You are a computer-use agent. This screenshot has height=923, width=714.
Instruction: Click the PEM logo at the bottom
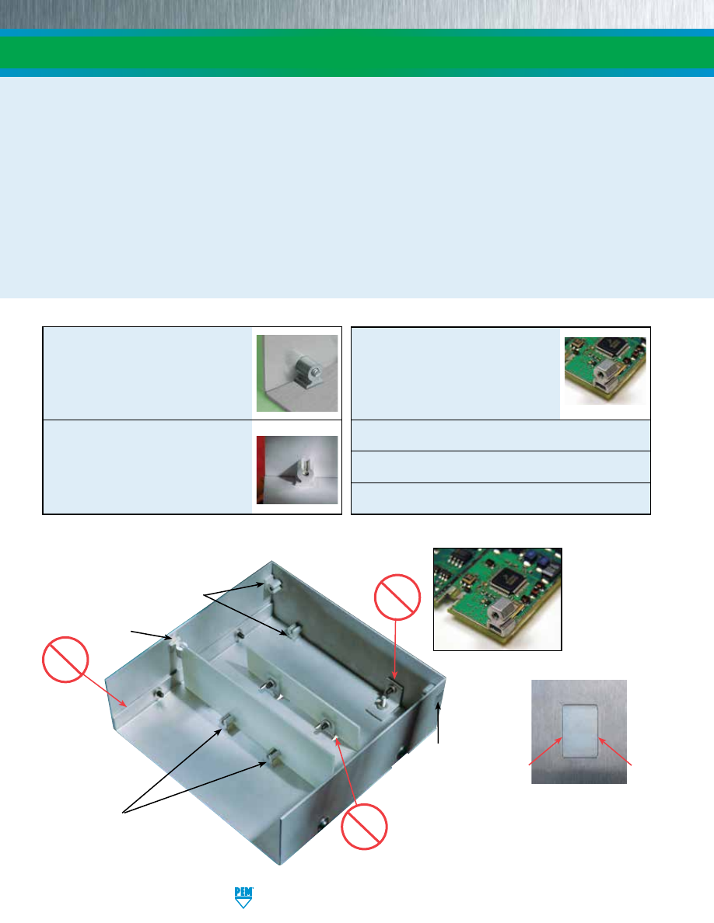click(243, 897)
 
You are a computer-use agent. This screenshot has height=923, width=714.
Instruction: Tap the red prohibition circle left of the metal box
click(65, 660)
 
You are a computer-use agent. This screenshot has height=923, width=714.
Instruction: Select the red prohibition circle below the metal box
click(364, 826)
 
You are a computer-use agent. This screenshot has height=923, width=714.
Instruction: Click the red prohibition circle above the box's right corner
click(397, 597)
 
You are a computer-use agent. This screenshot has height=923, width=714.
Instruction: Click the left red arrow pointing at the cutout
click(545, 751)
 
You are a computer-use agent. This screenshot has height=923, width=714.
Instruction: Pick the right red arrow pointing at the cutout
click(615, 751)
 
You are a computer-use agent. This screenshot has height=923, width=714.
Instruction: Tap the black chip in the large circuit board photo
click(508, 580)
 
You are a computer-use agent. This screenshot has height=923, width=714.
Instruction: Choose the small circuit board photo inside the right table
click(605, 371)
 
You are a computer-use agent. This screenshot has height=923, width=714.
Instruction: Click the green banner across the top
click(357, 52)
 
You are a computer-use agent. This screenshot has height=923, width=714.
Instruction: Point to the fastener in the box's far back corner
click(271, 584)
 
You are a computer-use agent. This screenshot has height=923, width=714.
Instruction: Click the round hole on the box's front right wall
click(322, 823)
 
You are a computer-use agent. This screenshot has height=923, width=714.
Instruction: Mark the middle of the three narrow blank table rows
click(501, 467)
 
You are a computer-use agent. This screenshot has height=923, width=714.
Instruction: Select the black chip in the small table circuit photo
click(608, 347)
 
